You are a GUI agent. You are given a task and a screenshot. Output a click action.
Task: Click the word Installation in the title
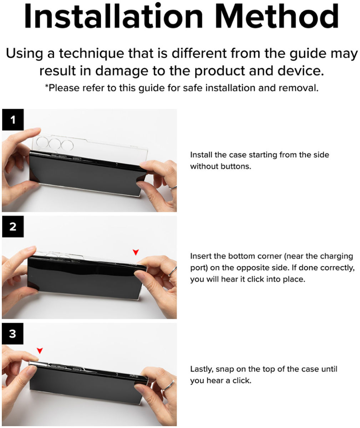tap(113, 16)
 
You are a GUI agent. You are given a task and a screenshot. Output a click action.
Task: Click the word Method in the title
tap(277, 16)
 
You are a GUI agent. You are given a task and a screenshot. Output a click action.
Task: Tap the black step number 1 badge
tap(13, 120)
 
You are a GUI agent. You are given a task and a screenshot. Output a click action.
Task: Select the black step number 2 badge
tap(13, 227)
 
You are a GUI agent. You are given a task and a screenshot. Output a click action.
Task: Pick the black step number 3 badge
tap(12, 334)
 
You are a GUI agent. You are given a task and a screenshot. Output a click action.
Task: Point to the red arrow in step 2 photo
tap(136, 252)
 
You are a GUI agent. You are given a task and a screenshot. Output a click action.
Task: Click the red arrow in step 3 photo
tap(40, 351)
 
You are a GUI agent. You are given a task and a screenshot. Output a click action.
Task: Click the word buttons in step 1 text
tap(236, 167)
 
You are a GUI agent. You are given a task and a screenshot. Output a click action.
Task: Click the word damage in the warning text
tap(122, 71)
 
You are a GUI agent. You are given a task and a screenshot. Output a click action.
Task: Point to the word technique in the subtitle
tap(92, 54)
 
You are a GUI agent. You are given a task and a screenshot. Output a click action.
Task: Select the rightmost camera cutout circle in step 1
tap(67, 145)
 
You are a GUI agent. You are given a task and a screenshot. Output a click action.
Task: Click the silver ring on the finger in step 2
tap(173, 271)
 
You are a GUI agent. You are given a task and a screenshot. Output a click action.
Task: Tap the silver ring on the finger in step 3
tap(168, 386)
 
